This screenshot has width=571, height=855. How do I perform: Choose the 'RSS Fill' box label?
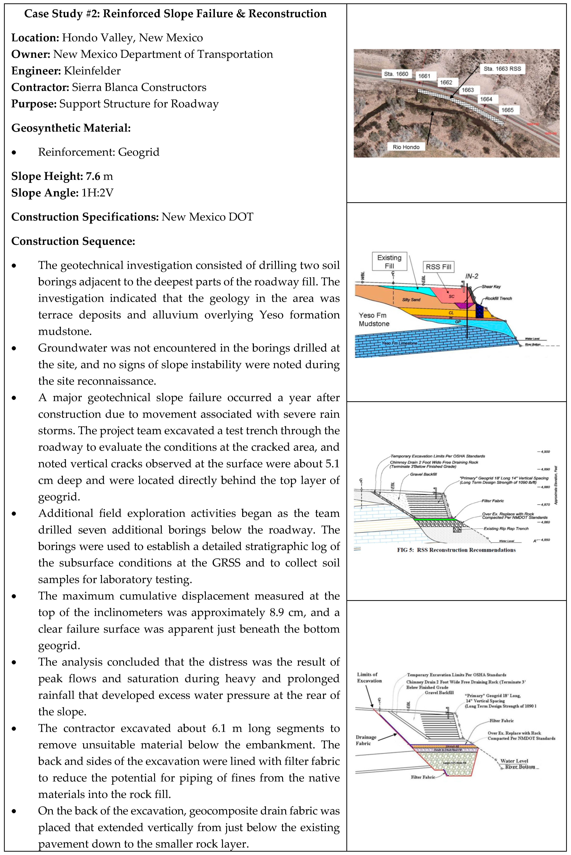coord(438,267)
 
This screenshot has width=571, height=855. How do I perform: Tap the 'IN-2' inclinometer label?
coord(472,276)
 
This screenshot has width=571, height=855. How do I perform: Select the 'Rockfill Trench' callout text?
coord(498,298)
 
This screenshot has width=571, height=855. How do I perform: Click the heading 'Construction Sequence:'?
coord(73,241)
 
